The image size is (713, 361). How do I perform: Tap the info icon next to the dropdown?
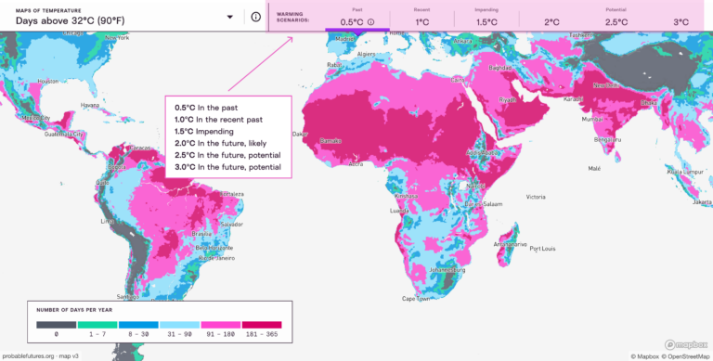point(255,17)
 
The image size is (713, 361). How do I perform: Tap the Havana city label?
point(89,104)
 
